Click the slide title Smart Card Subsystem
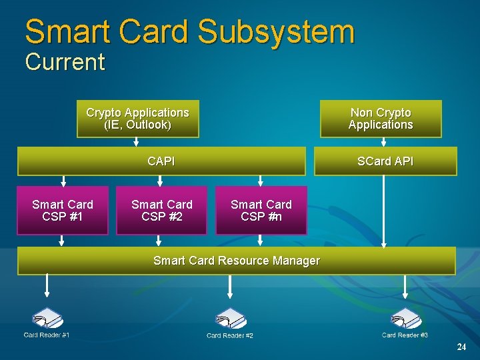[x=189, y=32]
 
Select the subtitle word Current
[x=65, y=62]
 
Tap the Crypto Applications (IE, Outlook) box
[x=137, y=119]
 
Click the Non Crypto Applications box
[x=381, y=119]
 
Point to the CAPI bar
[x=161, y=161]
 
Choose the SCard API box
[x=385, y=161]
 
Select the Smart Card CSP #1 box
[x=63, y=210]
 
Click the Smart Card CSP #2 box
[x=161, y=210]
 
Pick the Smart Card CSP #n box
[x=261, y=210]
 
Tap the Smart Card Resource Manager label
[x=237, y=261]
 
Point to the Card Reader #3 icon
[x=405, y=317]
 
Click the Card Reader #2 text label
[x=230, y=335]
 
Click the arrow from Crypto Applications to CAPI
[x=137, y=142]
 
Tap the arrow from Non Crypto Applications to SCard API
[x=383, y=142]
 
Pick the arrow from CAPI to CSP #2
[x=160, y=181]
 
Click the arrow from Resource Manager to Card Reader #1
[x=47, y=286]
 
